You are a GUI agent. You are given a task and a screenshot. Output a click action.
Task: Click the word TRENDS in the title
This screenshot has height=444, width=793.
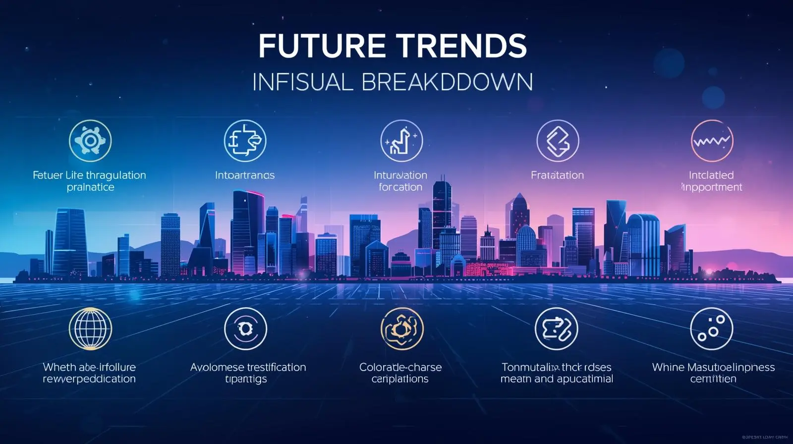463,46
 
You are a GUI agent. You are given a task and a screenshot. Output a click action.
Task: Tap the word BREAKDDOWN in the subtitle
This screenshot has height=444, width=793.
447,82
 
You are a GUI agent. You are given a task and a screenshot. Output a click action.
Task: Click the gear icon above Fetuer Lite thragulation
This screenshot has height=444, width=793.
90,141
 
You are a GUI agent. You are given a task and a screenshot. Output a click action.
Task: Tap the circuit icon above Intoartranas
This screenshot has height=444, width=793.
245,141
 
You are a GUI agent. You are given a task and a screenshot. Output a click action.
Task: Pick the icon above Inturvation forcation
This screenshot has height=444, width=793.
401,141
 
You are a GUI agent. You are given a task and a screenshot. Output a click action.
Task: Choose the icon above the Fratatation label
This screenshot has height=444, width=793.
558,141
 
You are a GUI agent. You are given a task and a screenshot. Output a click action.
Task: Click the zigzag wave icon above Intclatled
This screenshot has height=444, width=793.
712,141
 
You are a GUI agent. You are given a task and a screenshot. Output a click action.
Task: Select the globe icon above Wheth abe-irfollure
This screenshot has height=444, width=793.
90,329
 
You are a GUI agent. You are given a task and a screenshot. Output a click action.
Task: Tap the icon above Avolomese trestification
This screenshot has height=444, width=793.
245,329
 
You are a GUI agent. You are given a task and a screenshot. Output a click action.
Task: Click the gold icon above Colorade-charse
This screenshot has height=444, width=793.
402,329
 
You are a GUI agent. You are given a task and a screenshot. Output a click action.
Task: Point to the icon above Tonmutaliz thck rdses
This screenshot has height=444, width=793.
557,329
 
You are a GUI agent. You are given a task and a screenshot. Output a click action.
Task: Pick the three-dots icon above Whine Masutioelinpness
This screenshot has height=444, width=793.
711,329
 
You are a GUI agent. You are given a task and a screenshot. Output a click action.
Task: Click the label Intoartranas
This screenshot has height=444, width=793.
245,175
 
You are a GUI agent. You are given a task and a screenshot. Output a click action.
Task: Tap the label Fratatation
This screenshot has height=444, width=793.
557,175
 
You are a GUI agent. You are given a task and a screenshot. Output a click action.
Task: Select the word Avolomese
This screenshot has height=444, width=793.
217,368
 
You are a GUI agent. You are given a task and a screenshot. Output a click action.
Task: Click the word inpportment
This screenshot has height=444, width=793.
712,187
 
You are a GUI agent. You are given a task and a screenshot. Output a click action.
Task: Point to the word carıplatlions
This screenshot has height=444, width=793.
400,379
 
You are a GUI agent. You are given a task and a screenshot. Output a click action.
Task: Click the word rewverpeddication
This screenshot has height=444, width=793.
89,379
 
